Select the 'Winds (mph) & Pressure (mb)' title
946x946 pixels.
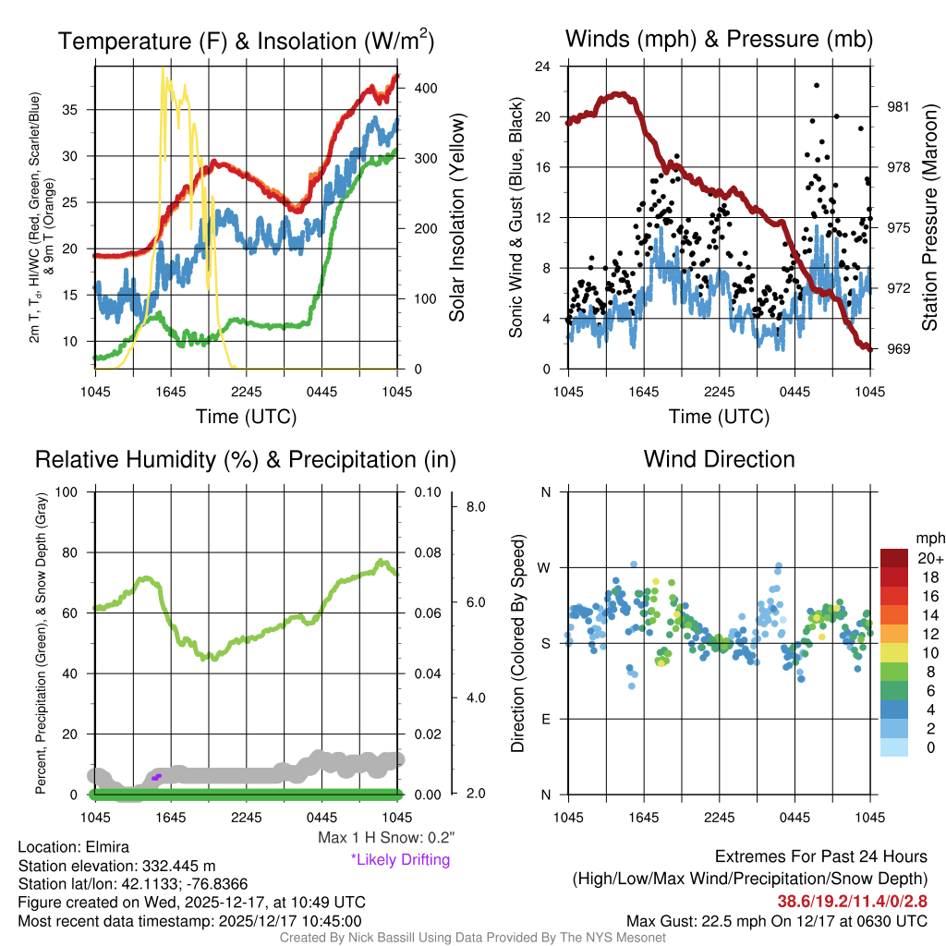pyautogui.click(x=719, y=39)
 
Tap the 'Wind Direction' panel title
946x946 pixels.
pyautogui.click(x=719, y=459)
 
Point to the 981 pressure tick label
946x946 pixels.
pyautogui.click(x=899, y=107)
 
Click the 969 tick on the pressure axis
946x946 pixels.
pyautogui.click(x=899, y=349)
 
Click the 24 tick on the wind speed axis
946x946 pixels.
pyautogui.click(x=543, y=67)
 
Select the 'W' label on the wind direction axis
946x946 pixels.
pyautogui.click(x=546, y=567)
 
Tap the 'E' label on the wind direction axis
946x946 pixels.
pyautogui.click(x=546, y=719)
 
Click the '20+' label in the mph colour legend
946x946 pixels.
pyautogui.click(x=904, y=558)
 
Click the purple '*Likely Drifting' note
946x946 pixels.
pyautogui.click(x=400, y=859)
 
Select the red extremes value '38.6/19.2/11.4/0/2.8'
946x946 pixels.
pyautogui.click(x=852, y=901)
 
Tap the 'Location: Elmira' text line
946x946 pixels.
pyautogui.click(x=74, y=847)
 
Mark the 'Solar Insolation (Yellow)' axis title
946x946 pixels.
pyautogui.click(x=456, y=217)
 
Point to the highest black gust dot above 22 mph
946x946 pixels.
pyautogui.click(x=817, y=85)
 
